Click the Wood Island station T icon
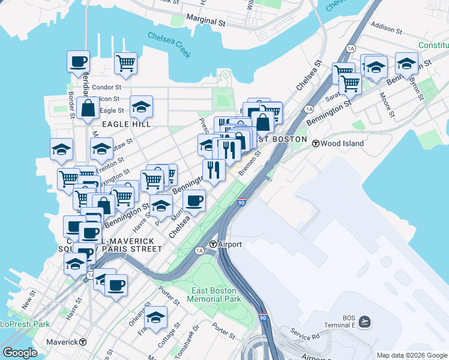[315, 143]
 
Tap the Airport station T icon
[212, 244]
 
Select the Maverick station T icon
[83, 342]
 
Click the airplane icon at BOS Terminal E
[366, 322]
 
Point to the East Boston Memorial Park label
[215, 294]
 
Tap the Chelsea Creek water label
[169, 45]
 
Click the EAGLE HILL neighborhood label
[125, 124]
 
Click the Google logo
[20, 353]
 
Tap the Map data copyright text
[411, 355]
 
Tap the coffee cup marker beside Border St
[78, 61]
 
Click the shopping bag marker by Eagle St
[88, 109]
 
